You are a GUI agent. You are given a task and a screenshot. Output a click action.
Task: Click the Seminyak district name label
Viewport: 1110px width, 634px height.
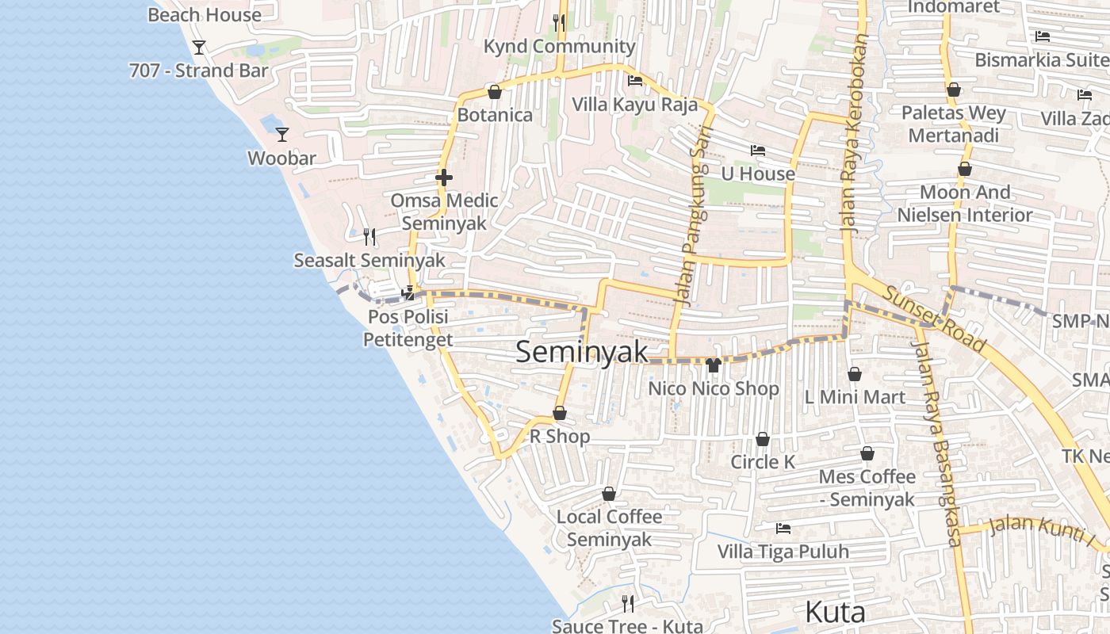pyautogui.click(x=582, y=352)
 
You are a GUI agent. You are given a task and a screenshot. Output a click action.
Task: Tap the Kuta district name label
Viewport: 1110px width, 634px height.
pyautogui.click(x=835, y=612)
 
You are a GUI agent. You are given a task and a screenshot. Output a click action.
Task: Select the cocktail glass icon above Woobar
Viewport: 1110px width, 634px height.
pyautogui.click(x=281, y=135)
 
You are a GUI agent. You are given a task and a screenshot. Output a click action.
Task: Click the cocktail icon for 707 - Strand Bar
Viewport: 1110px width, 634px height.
pyautogui.click(x=199, y=48)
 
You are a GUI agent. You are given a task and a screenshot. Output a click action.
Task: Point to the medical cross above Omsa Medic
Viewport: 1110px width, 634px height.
pyautogui.click(x=444, y=178)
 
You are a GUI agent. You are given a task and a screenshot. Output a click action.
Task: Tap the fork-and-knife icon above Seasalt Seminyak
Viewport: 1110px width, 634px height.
pyautogui.click(x=369, y=236)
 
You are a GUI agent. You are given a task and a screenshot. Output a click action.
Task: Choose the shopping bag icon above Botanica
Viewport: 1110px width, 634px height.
pyautogui.click(x=495, y=92)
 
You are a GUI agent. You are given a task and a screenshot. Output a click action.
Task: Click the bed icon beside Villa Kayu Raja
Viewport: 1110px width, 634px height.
pyautogui.click(x=634, y=80)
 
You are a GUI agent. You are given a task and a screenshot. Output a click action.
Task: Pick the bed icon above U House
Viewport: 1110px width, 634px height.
pyautogui.click(x=758, y=151)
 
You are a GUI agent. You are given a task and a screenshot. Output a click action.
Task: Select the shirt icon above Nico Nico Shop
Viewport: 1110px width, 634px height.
pyautogui.click(x=713, y=365)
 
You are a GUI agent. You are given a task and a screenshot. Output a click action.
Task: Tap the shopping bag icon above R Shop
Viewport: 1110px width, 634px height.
pyautogui.click(x=560, y=413)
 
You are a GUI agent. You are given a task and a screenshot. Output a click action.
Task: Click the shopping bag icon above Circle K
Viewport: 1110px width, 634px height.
pyautogui.click(x=763, y=439)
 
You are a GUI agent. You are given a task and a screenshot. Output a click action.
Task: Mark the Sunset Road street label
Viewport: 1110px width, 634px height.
pyautogui.click(x=934, y=319)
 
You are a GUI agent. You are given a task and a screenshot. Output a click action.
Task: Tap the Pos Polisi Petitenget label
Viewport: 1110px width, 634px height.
pyautogui.click(x=408, y=328)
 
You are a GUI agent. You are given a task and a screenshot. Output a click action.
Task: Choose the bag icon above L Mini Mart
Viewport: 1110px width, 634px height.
pyautogui.click(x=855, y=374)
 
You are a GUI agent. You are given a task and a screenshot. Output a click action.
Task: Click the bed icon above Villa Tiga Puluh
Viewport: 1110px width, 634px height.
pyautogui.click(x=783, y=529)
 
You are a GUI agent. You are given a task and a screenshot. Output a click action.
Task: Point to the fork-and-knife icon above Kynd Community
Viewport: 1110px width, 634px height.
pyautogui.click(x=560, y=22)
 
